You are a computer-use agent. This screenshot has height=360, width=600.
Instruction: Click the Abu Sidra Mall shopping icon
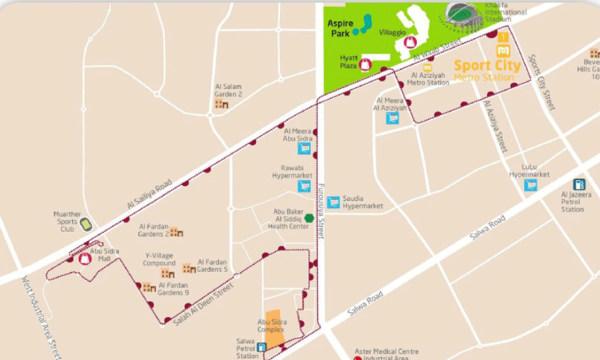tap(85, 259)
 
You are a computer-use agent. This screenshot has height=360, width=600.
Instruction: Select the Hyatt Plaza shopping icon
tap(366, 64)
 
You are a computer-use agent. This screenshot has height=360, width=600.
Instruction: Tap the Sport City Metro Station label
tap(488, 69)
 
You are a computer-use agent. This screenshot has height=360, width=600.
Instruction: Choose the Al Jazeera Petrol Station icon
tap(580, 185)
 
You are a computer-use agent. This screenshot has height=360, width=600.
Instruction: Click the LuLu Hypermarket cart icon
tap(531, 185)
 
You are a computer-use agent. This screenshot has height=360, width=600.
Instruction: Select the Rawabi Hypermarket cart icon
tap(304, 186)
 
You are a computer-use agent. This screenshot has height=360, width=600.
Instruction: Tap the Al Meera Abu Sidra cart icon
tap(304, 148)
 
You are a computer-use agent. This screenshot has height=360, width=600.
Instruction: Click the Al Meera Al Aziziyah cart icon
tap(392, 117)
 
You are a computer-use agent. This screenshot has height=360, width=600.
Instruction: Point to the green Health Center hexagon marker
tap(310, 217)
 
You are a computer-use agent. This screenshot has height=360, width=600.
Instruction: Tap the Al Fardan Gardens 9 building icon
tap(149, 287)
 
